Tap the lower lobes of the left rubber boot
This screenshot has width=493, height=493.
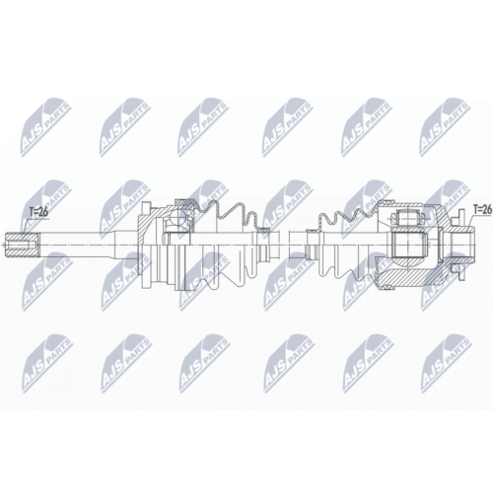(222, 273)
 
